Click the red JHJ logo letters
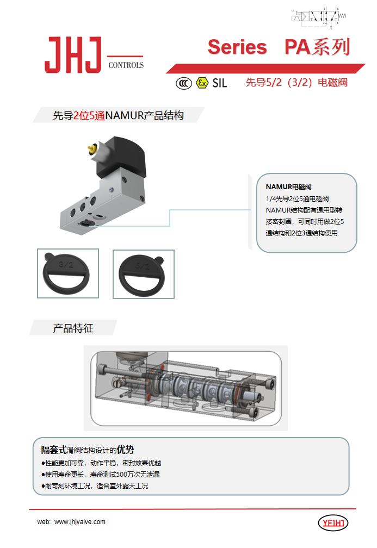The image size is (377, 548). pyautogui.click(x=73, y=55)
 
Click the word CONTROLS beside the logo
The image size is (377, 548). pyautogui.click(x=126, y=65)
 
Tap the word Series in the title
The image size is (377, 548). pyautogui.click(x=237, y=47)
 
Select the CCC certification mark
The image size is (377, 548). pyautogui.click(x=183, y=83)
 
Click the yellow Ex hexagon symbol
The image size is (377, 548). pyautogui.click(x=202, y=83)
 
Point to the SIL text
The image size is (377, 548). pyautogui.click(x=219, y=83)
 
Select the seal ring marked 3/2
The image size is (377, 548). pyautogui.click(x=67, y=273)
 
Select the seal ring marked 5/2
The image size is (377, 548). pyautogui.click(x=143, y=274)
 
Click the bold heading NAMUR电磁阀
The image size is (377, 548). pyautogui.click(x=288, y=187)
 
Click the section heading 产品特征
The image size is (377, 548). pyautogui.click(x=73, y=328)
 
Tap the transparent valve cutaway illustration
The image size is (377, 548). pyautogui.click(x=185, y=388)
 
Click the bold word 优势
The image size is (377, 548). pyautogui.click(x=126, y=450)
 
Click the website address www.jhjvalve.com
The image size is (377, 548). pyautogui.click(x=80, y=522)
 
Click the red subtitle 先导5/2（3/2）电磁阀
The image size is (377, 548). pyautogui.click(x=296, y=83)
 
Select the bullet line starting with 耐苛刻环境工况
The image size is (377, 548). pyautogui.click(x=95, y=486)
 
